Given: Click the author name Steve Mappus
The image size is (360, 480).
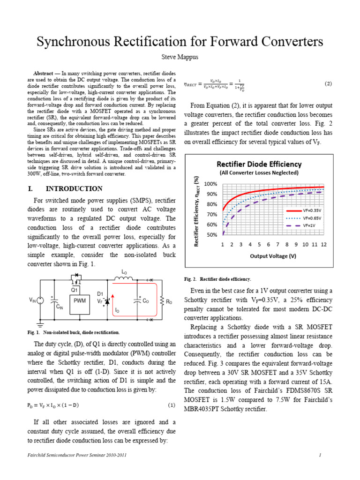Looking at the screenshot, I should pyautogui.click(x=180, y=56).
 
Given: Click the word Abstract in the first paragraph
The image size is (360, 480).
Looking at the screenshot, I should pyautogui.click(x=43, y=74).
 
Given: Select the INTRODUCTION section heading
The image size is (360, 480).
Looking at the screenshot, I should pyautogui.click(x=80, y=189).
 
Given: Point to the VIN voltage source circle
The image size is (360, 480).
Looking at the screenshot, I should pyautogui.click(x=40, y=300).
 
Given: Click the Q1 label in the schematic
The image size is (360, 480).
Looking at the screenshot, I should pyautogui.click(x=74, y=290).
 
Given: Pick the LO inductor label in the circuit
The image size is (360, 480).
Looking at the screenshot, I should pyautogui.click(x=124, y=272).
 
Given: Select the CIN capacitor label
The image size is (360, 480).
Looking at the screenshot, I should pyautogui.click(x=60, y=307).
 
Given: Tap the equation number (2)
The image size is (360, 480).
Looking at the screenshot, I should pyautogui.click(x=328, y=84).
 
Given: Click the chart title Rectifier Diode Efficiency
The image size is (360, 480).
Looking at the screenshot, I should pyautogui.click(x=258, y=164).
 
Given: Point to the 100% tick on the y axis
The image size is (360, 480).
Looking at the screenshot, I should pyautogui.click(x=210, y=184).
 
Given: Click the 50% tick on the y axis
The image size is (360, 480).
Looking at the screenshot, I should pyautogui.click(x=212, y=235).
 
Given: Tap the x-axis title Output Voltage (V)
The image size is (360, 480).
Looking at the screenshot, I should pyautogui.click(x=273, y=256).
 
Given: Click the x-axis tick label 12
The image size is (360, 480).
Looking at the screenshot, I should pyautogui.click(x=323, y=245).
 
